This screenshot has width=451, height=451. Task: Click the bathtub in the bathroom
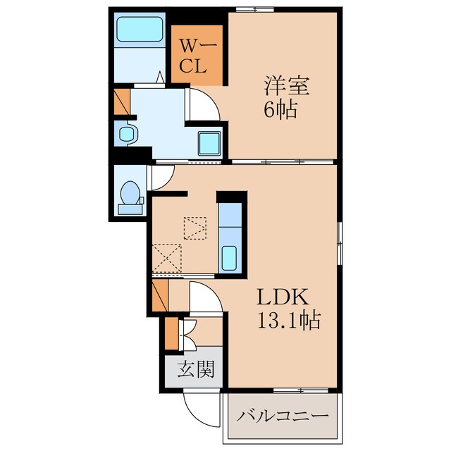click(x=140, y=29)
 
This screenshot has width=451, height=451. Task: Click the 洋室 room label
click(x=287, y=85)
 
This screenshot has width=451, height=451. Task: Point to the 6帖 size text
click(x=280, y=110)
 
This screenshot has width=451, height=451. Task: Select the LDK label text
click(x=283, y=297)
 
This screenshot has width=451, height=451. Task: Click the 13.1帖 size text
click(x=289, y=320)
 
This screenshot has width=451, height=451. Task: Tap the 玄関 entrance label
click(x=196, y=369)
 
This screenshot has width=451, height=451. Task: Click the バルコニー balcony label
click(x=283, y=416)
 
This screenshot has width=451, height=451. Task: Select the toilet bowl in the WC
click(x=130, y=192)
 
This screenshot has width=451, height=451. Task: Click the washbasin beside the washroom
click(x=127, y=134)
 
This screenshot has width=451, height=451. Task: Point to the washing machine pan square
click(x=209, y=143)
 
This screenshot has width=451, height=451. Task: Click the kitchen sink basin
click(x=230, y=258)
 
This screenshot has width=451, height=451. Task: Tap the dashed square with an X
click(x=167, y=258)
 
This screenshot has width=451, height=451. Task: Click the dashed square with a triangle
click(x=195, y=228)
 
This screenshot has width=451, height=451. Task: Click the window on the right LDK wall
click(x=340, y=243)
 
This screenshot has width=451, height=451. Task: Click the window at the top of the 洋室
click(x=255, y=9)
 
